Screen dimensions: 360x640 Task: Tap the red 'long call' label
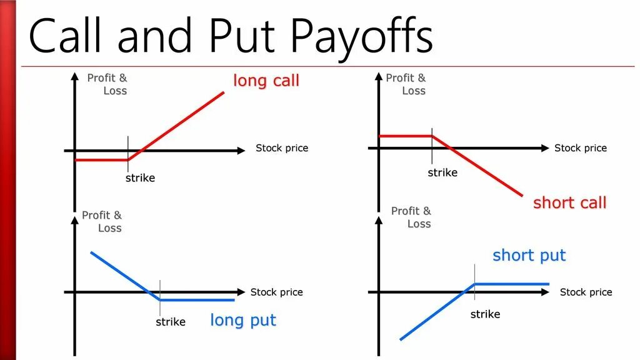tap(266, 81)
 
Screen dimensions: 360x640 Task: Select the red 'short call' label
tap(569, 202)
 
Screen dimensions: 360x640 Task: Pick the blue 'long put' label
tap(242, 321)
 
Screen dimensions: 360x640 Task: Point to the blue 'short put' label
tap(529, 255)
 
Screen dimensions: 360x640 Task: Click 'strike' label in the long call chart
tap(140, 178)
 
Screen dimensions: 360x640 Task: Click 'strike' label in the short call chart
tap(442, 172)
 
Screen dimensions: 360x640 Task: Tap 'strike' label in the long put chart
tap(170, 322)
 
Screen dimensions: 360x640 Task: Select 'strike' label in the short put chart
tap(485, 314)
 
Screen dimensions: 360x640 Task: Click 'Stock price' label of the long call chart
tap(282, 148)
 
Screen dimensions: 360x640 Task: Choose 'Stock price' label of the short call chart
tap(581, 148)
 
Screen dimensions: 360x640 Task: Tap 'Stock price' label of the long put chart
tap(276, 292)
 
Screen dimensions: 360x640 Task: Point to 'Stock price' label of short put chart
tap(586, 292)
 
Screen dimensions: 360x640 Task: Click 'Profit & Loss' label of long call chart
tap(108, 84)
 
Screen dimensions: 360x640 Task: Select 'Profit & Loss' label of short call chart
tap(407, 84)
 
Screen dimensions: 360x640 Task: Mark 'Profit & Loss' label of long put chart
tap(103, 222)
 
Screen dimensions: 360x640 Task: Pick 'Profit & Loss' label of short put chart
tap(412, 217)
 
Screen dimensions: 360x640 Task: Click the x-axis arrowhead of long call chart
tap(241, 151)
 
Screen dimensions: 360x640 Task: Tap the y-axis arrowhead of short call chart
tap(378, 76)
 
